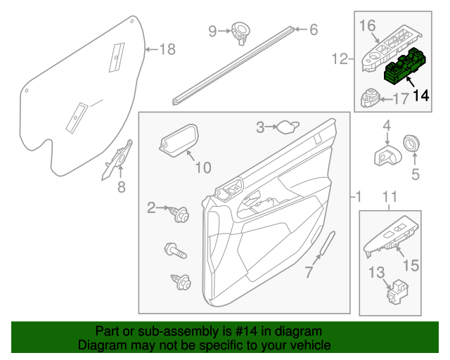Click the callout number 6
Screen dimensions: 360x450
point(313,30)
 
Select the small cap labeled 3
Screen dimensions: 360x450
point(286,127)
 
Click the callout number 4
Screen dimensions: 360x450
point(386,126)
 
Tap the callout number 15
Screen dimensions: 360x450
point(410,265)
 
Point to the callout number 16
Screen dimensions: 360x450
point(368,26)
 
